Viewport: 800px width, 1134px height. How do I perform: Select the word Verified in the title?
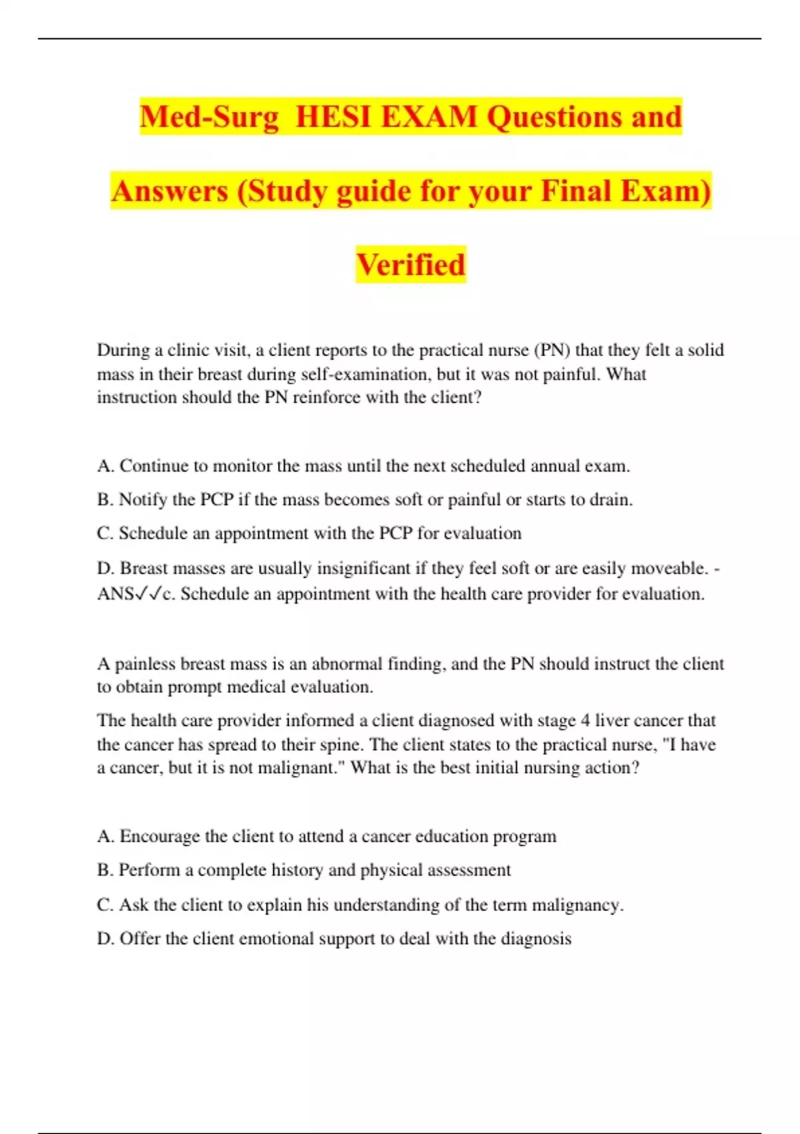click(411, 265)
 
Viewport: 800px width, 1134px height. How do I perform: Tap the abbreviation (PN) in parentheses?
click(552, 350)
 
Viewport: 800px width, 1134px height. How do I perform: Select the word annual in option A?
click(555, 466)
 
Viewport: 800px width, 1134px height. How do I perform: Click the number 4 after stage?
click(585, 720)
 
